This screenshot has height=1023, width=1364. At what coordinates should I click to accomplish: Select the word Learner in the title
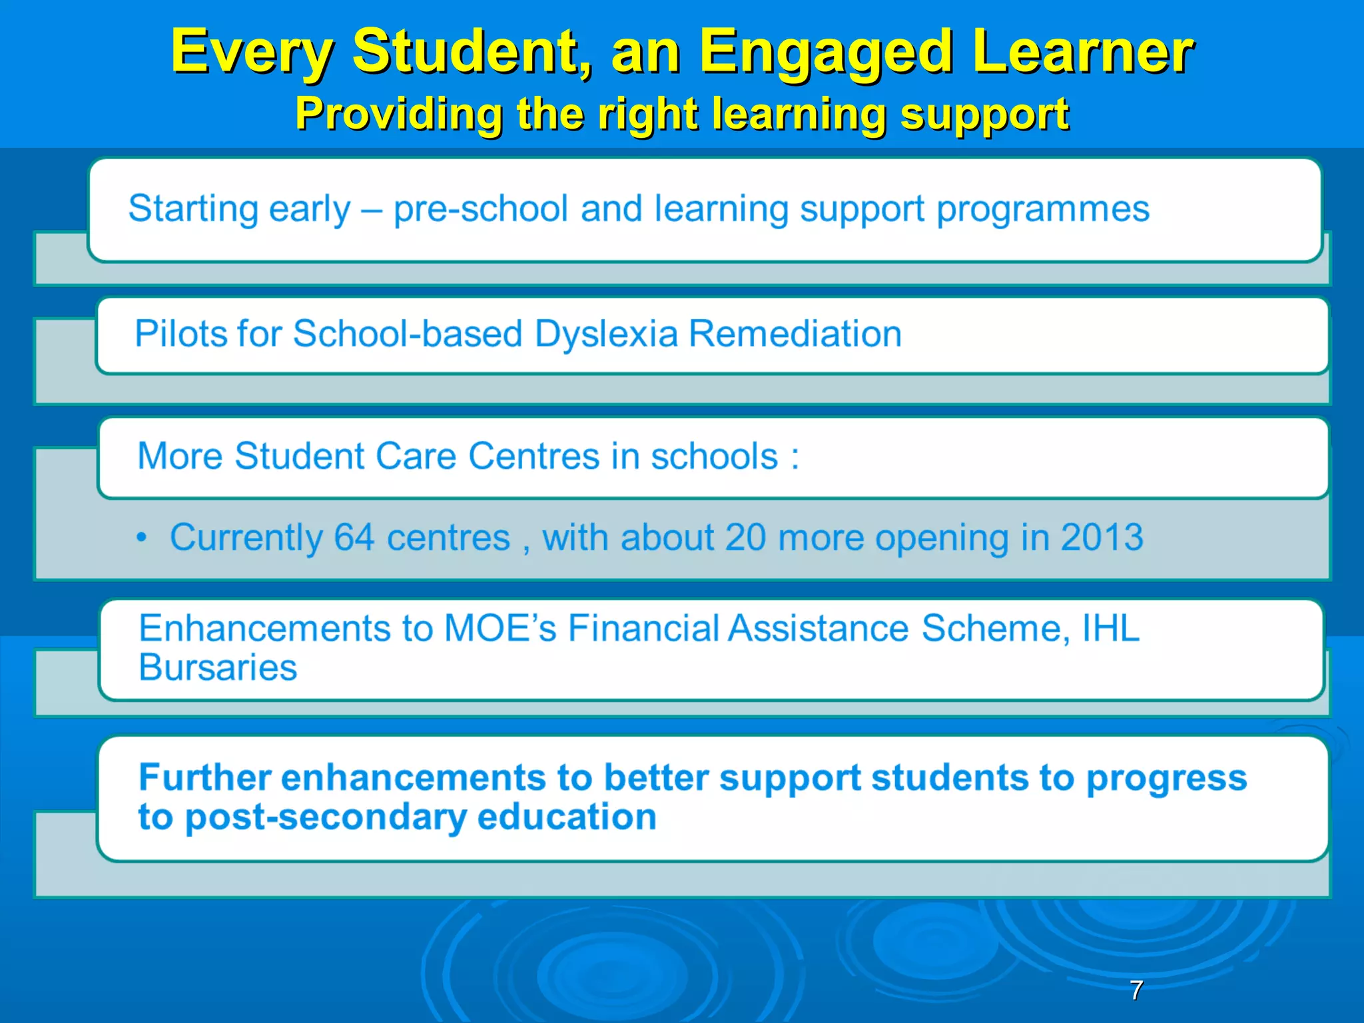(1083, 51)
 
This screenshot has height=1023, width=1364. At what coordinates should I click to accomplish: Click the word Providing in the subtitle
(398, 113)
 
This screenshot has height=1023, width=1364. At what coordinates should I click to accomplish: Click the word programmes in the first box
(1043, 210)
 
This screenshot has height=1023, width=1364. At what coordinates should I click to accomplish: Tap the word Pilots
(175, 333)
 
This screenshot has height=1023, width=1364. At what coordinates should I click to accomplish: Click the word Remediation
(795, 333)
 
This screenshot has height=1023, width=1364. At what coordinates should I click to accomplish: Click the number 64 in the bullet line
(354, 537)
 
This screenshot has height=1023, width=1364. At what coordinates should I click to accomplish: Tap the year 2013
(1102, 537)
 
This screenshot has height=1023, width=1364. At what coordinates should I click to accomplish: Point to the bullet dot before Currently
(141, 537)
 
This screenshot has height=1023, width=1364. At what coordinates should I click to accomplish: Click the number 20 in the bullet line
(745, 537)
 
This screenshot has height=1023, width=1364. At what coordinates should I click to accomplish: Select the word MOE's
(500, 628)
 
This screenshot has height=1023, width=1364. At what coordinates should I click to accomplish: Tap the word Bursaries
(218, 667)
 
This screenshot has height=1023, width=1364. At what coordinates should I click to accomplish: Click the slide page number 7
(1137, 990)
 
